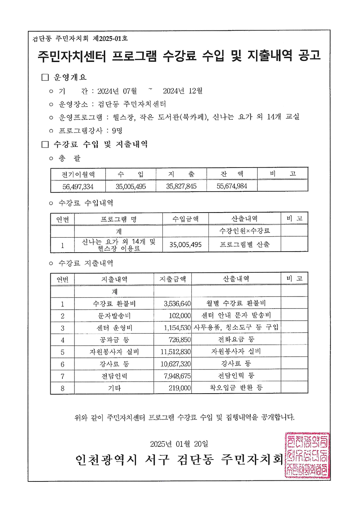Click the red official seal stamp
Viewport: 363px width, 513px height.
tap(307, 455)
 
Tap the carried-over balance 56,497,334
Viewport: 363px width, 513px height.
tap(78, 186)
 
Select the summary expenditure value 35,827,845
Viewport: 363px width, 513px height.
tap(181, 186)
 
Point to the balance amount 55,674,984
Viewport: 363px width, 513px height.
tap(232, 186)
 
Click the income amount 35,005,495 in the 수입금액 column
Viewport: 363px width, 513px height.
tap(185, 244)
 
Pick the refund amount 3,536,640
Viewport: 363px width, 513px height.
tap(177, 304)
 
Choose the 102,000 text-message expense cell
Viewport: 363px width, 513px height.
tap(180, 316)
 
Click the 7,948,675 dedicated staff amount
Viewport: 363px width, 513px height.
tap(177, 376)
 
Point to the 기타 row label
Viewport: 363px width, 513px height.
tap(114, 388)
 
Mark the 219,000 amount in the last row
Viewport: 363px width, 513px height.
tap(180, 388)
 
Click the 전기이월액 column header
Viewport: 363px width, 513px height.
tap(78, 174)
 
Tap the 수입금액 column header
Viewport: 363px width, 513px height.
tap(185, 219)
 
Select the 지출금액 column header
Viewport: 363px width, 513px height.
tap(173, 279)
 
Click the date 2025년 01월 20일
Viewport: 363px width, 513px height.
tap(179, 444)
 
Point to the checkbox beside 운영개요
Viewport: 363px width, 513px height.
tap(45, 77)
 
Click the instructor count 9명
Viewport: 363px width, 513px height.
tap(117, 131)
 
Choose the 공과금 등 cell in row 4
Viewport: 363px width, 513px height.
tap(114, 340)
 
